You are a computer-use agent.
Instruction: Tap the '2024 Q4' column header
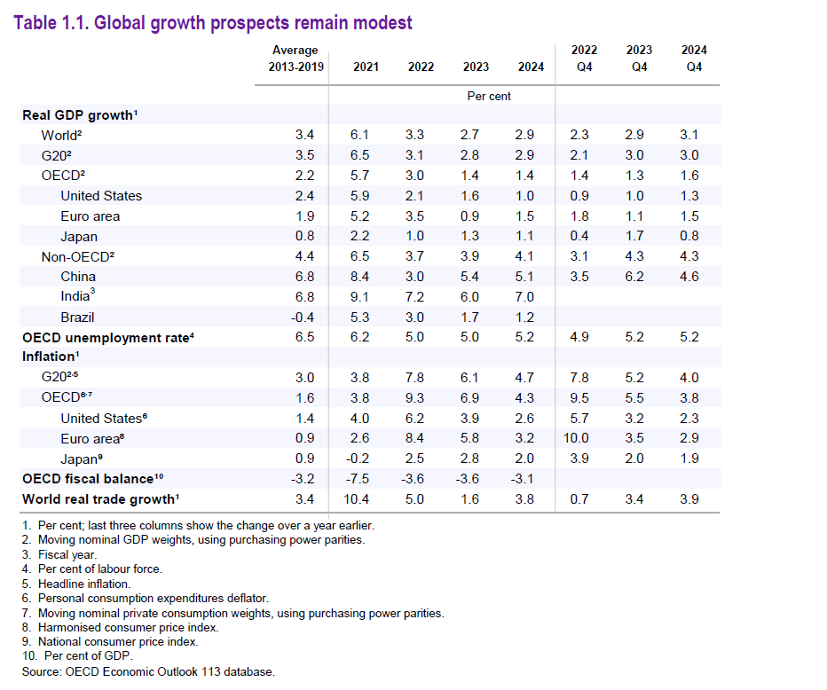[694, 59]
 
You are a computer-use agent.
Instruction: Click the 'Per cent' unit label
[489, 96]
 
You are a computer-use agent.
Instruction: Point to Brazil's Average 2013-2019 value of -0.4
[303, 318]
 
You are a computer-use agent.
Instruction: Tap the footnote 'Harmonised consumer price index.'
[129, 627]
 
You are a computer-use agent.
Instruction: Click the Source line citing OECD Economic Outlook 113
[148, 671]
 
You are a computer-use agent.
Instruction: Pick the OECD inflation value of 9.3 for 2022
[414, 398]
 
